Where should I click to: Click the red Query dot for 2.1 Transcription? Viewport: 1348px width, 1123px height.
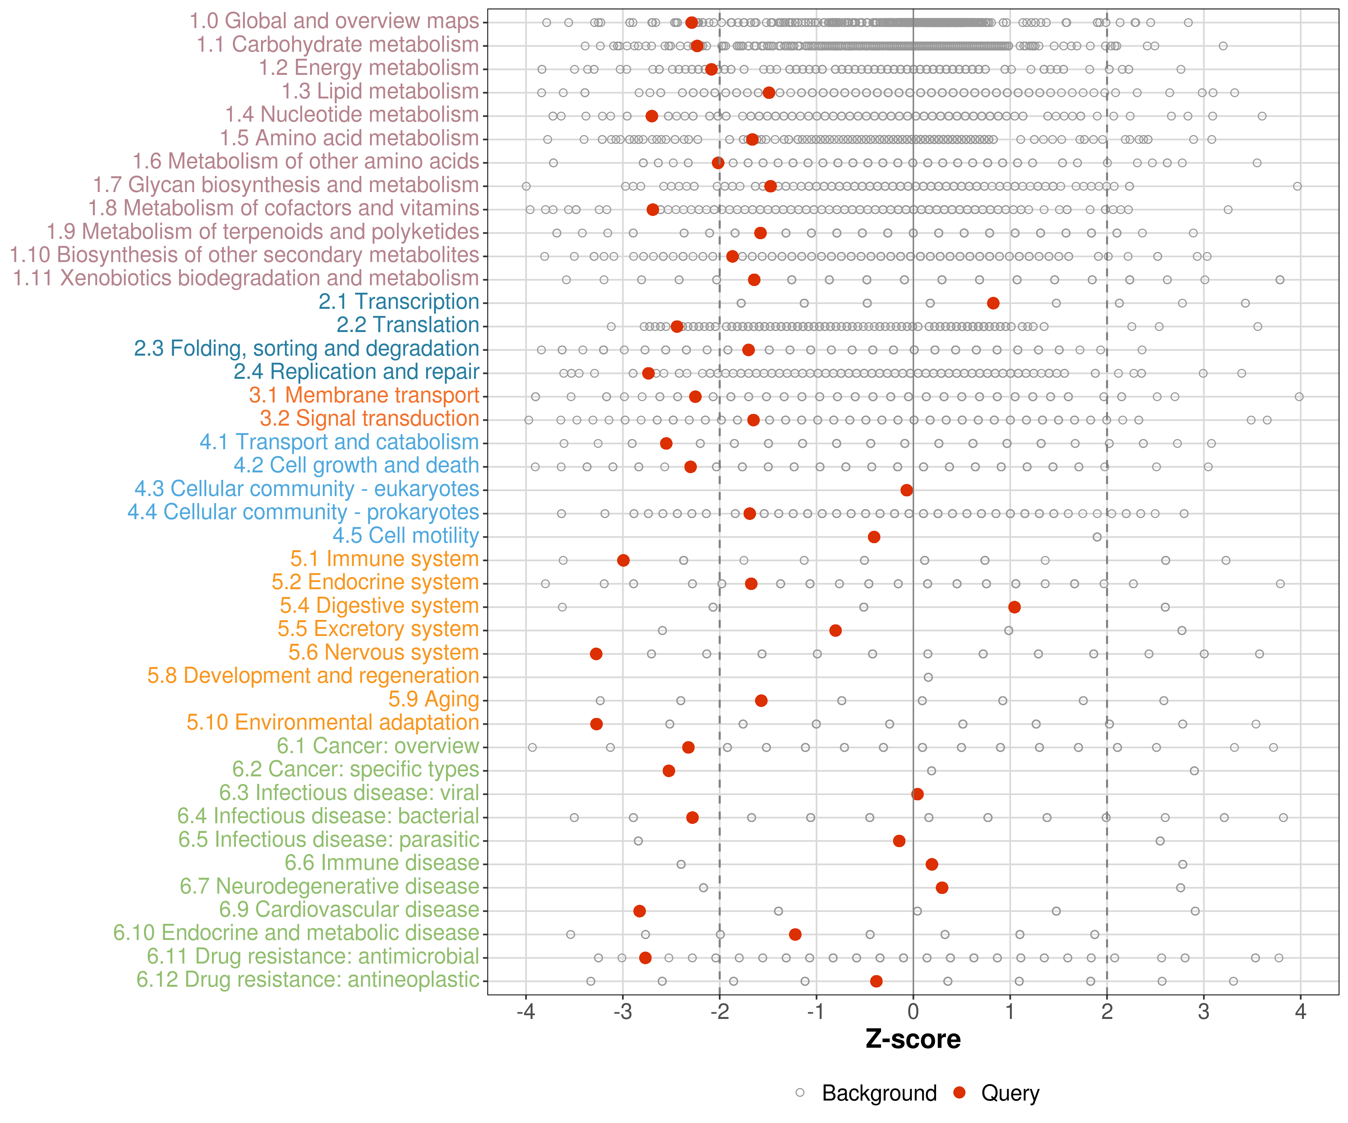click(993, 303)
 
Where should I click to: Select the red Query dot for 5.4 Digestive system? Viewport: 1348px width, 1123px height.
click(1014, 607)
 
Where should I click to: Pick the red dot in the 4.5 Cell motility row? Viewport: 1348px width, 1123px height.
click(874, 536)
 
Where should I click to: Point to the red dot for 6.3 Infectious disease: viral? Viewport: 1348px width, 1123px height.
click(917, 794)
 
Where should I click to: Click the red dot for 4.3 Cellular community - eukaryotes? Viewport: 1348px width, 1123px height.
click(907, 490)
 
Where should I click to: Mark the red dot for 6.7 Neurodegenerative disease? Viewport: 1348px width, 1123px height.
click(942, 888)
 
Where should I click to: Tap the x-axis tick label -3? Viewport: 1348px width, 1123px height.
click(623, 1012)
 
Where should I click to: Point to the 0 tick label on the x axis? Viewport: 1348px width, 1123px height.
click(913, 1012)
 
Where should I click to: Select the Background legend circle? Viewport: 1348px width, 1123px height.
click(800, 1093)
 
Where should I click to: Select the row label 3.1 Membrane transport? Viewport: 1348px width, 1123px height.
click(364, 395)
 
